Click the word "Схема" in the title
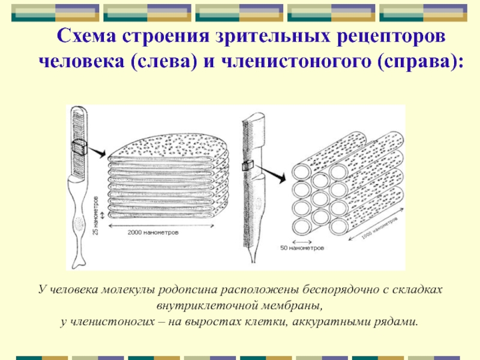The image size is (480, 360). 86,36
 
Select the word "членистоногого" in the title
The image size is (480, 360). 296,62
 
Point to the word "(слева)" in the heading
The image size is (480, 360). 164,62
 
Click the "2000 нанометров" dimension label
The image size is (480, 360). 153,233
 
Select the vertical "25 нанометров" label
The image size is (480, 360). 96,215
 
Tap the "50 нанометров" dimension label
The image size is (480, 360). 302,248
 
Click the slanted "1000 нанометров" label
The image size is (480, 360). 380,228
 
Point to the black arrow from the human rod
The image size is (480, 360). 97,152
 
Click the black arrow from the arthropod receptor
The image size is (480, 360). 271,173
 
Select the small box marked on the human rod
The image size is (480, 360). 79,147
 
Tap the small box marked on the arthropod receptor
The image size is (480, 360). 248,166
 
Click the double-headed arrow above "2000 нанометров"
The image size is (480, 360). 161,226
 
